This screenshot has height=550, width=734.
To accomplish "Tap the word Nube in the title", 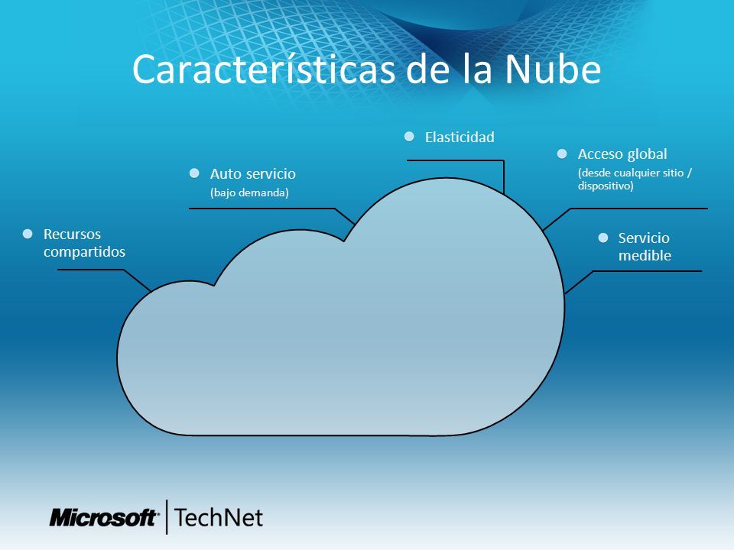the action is pyautogui.click(x=553, y=70).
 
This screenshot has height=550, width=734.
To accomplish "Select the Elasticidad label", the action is pyautogui.click(x=460, y=137).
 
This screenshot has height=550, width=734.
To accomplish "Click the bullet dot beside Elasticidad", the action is pyautogui.click(x=409, y=137).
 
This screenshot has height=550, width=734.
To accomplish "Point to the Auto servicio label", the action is pyautogui.click(x=253, y=174).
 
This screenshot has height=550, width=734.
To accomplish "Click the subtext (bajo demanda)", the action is pyautogui.click(x=249, y=192).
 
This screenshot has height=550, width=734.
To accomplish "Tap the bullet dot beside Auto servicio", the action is pyautogui.click(x=194, y=173).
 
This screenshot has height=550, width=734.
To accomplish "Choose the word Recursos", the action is pyautogui.click(x=72, y=235).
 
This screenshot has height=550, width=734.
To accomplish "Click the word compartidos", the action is pyautogui.click(x=84, y=252).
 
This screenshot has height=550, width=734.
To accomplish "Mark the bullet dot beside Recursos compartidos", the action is pyautogui.click(x=28, y=234).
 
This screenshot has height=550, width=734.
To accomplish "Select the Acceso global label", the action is pyautogui.click(x=622, y=154).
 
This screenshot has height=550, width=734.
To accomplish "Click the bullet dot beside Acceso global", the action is pyautogui.click(x=562, y=154).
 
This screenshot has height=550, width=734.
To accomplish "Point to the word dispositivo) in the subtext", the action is pyautogui.click(x=606, y=186).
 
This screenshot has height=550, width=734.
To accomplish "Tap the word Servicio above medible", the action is pyautogui.click(x=644, y=238).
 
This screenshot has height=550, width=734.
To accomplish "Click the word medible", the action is pyautogui.click(x=645, y=255).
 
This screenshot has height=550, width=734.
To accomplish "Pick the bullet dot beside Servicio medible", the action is pyautogui.click(x=603, y=238).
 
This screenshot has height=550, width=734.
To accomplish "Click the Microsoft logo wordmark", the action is pyautogui.click(x=103, y=518).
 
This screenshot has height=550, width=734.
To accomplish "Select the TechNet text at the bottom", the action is pyautogui.click(x=219, y=518).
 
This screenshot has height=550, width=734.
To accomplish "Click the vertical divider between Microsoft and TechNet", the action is pyautogui.click(x=167, y=517).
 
